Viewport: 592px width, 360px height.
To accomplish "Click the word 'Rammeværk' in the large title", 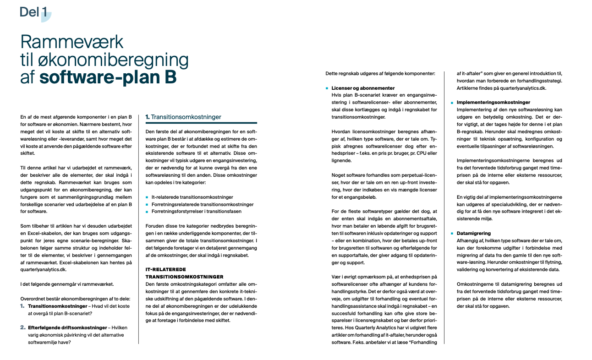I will [x=72, y=42].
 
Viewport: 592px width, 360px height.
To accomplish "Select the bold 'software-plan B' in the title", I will [x=108, y=76].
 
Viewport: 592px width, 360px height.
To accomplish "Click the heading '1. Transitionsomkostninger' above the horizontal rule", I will [x=183, y=117].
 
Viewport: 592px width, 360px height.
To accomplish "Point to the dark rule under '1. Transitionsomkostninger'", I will [x=201, y=123].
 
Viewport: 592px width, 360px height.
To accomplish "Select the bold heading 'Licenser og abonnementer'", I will [x=363, y=88].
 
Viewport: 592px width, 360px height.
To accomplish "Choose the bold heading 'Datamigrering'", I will [x=474, y=233].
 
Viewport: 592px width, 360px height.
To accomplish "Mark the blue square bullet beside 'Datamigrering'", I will [x=452, y=233].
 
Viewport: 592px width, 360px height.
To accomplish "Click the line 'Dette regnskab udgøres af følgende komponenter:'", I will [x=380, y=73].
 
